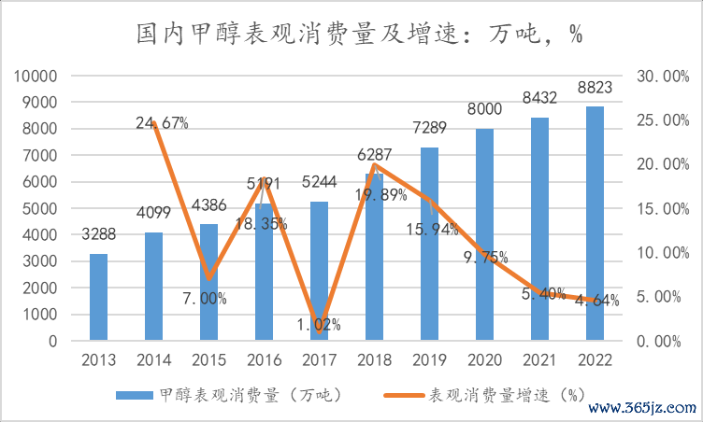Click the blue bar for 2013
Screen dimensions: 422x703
click(x=99, y=297)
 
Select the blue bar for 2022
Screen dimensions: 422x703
click(x=595, y=224)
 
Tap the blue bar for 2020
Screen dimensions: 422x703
click(x=484, y=234)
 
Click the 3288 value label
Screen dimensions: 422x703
click(x=99, y=234)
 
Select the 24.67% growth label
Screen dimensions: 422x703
click(x=162, y=122)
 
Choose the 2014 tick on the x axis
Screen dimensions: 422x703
click(x=154, y=359)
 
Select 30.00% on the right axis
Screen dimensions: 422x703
click(x=661, y=77)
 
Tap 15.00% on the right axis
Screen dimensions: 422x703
click(x=661, y=209)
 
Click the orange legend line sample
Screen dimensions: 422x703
click(x=403, y=395)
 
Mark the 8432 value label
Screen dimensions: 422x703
click(x=539, y=97)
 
